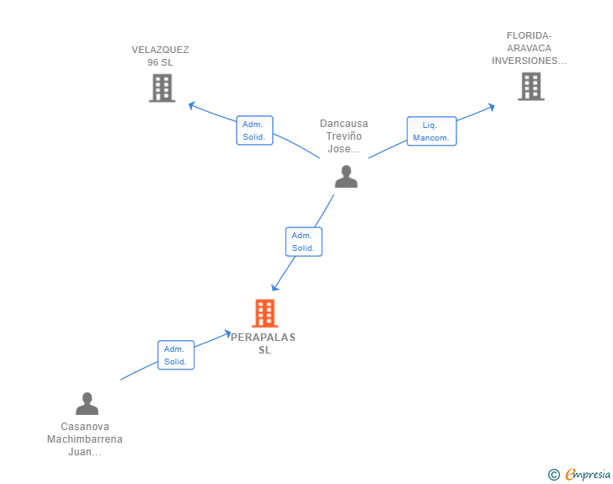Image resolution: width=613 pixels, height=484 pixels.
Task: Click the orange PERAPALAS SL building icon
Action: click(x=264, y=313)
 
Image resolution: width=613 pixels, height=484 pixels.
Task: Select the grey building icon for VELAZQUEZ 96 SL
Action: click(x=162, y=88)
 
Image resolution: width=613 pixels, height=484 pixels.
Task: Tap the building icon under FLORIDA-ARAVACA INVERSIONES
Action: click(x=530, y=87)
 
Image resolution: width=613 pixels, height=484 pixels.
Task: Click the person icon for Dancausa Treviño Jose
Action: click(x=346, y=176)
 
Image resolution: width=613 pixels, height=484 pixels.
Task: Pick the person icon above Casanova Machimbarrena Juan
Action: click(x=87, y=403)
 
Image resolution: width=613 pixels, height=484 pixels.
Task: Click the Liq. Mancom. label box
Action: click(x=432, y=131)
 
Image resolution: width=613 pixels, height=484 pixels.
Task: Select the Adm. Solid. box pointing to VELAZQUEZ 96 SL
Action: click(x=254, y=130)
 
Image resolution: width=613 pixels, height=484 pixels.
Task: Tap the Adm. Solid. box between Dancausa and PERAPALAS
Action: click(x=304, y=242)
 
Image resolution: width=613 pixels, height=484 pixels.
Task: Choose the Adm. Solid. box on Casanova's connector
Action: click(x=176, y=355)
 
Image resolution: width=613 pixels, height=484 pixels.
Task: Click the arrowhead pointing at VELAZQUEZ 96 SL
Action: click(x=192, y=105)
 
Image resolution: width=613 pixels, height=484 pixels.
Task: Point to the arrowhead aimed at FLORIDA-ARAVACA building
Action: click(x=492, y=107)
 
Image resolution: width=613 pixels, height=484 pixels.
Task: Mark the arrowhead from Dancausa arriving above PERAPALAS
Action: click(x=275, y=288)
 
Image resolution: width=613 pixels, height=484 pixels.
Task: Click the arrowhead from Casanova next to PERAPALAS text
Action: click(x=227, y=333)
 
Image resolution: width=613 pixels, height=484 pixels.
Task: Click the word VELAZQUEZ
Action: click(x=160, y=50)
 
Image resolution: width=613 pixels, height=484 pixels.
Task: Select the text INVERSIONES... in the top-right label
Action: click(x=529, y=61)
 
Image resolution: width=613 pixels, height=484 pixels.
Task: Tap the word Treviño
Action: click(x=344, y=136)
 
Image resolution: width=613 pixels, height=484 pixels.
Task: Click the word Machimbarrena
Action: click(x=85, y=439)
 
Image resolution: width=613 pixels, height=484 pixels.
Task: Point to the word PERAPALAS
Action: click(x=263, y=337)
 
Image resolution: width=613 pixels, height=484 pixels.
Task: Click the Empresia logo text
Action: click(x=588, y=474)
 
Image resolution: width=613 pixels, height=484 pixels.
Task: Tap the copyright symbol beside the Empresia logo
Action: click(x=553, y=475)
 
